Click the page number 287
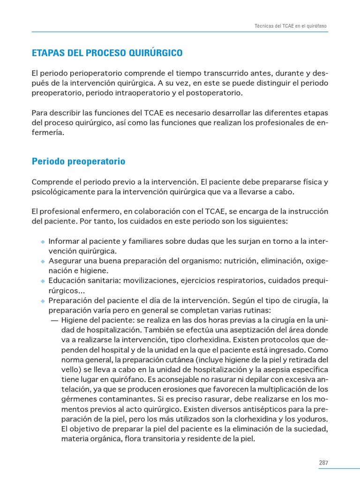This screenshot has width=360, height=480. tap(323, 463)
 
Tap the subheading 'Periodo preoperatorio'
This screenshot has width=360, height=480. tap(78, 161)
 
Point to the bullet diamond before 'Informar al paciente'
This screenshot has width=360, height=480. tap(43, 242)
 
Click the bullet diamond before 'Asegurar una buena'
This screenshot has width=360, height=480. tap(43, 262)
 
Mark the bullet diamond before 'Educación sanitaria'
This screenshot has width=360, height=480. tap(43, 281)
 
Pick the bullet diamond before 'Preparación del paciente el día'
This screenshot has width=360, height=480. tap(43, 301)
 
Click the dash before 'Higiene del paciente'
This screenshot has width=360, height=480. tap(54, 321)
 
